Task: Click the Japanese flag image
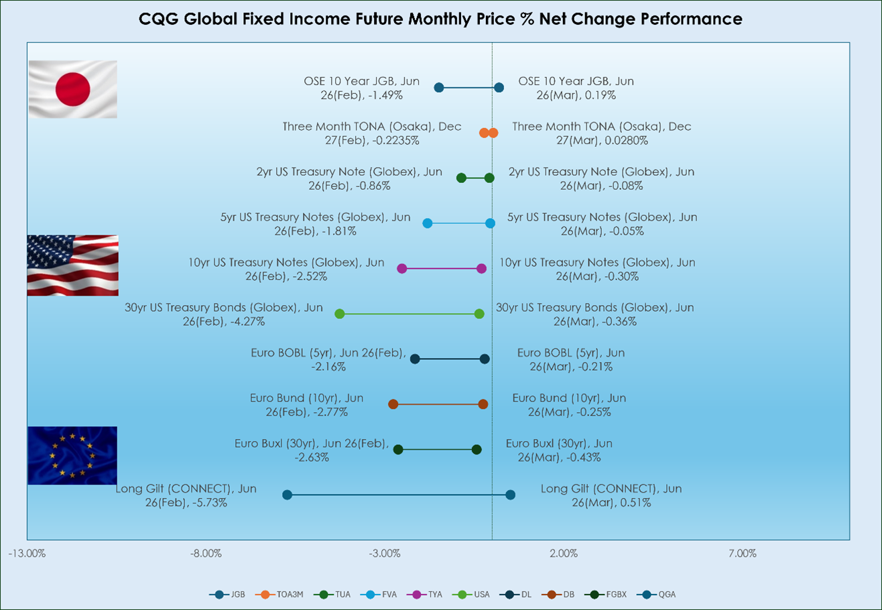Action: (x=73, y=89)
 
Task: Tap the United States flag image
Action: (x=73, y=265)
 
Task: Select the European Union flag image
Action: (x=72, y=456)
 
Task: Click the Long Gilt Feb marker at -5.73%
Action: (x=288, y=495)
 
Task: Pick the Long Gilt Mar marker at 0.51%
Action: (x=510, y=495)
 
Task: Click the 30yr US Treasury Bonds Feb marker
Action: (x=339, y=314)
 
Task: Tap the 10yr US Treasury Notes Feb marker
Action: (x=402, y=269)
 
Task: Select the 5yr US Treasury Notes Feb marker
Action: (x=427, y=223)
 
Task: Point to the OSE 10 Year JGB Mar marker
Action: (x=499, y=87)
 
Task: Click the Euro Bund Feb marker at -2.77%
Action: (x=393, y=404)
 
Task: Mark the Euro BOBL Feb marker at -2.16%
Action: (x=415, y=359)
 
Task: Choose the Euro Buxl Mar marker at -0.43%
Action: (x=477, y=449)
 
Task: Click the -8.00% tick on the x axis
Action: (x=206, y=554)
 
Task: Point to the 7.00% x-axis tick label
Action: (x=742, y=554)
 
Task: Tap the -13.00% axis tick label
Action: (x=27, y=554)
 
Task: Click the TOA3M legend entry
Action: (x=279, y=595)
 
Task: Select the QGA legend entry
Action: (x=656, y=595)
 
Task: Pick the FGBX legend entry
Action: (x=606, y=595)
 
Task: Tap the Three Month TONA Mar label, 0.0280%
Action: (x=602, y=133)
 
